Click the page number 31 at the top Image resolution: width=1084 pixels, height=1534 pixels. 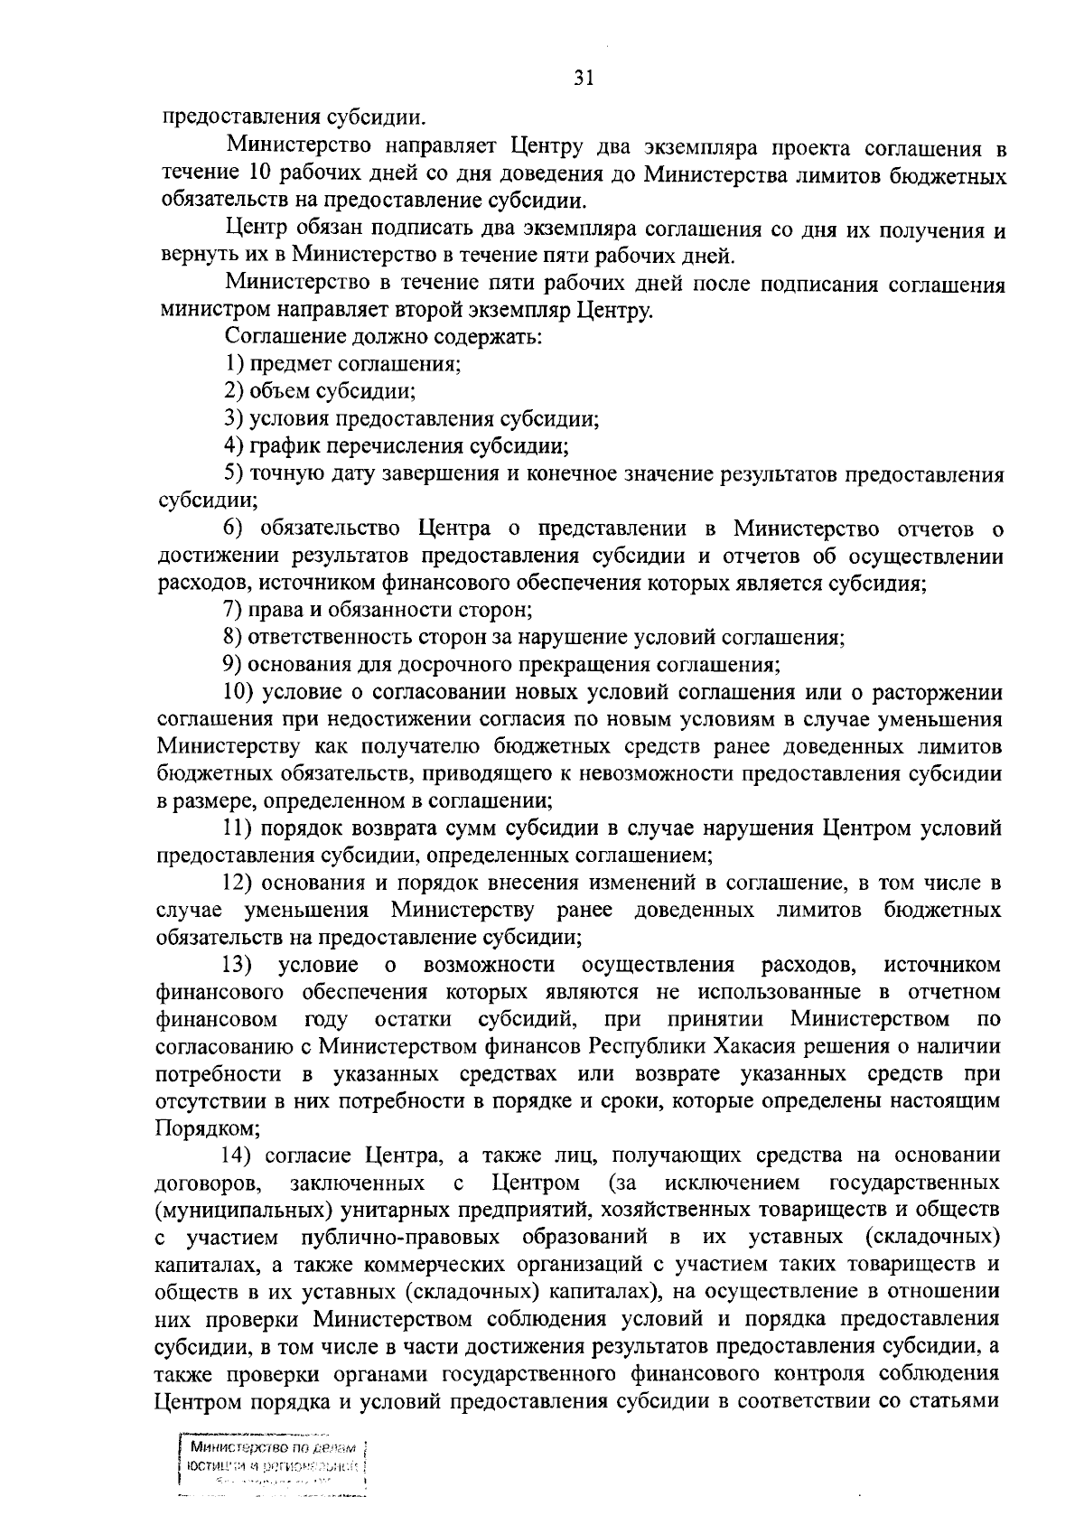(583, 79)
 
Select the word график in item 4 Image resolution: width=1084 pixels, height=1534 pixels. (284, 446)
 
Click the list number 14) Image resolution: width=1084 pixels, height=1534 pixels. (241, 1155)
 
